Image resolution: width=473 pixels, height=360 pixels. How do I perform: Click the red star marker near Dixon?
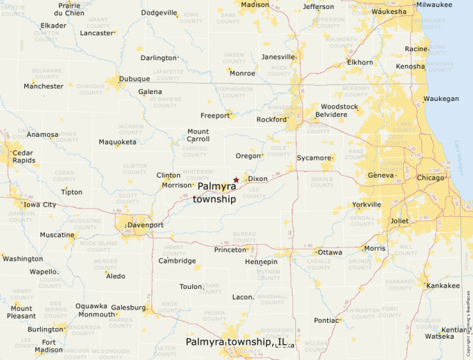coord(236,180)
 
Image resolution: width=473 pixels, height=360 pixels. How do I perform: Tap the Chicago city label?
coord(430,178)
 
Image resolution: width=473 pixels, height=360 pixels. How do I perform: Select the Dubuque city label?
coord(134,79)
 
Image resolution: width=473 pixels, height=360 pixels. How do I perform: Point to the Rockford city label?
coord(271,120)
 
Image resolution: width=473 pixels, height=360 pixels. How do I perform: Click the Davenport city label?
coord(145,225)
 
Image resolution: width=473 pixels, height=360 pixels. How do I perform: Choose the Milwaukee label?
coord(434,4)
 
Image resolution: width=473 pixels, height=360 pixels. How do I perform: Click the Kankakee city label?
coord(443,285)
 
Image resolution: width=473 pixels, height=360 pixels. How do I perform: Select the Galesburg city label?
coord(129,307)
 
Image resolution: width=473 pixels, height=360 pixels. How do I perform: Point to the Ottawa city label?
coord(330,252)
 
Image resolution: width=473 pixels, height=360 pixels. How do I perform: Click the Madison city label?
coord(254,4)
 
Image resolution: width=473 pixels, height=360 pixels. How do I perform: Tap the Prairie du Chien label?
coord(69,9)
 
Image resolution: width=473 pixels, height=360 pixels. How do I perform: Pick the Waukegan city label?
coord(441,99)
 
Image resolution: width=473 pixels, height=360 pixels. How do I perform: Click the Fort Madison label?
coord(48,345)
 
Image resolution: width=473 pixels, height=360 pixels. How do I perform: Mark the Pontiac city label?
coord(326,321)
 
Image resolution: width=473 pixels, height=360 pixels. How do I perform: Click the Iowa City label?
coord(40,205)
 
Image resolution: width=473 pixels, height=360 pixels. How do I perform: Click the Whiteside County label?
coord(198,173)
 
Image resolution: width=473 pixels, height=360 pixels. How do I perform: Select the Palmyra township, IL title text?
coord(236,342)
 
